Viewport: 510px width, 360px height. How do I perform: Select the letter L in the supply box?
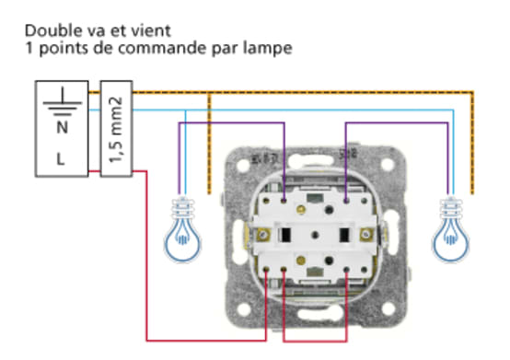(62, 157)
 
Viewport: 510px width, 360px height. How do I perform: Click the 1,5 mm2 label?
(116, 129)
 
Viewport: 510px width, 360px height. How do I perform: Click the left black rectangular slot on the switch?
(286, 234)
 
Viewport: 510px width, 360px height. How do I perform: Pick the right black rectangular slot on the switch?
(344, 234)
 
